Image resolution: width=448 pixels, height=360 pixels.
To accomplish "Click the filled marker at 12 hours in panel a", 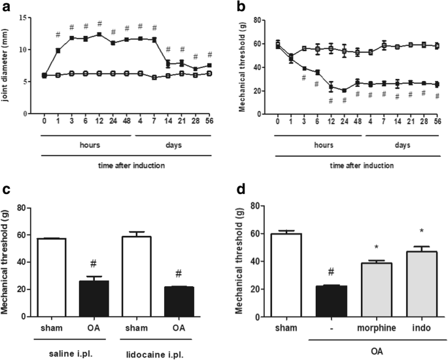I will click(x=99, y=35).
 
